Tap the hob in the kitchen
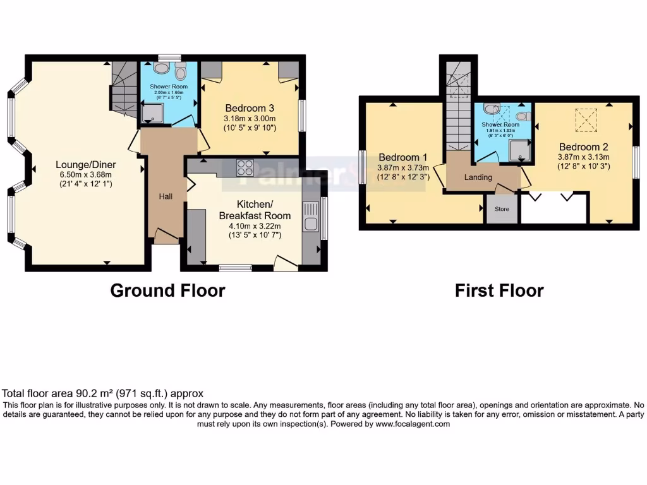(245, 167)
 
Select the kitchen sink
(310, 217)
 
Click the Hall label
(166, 197)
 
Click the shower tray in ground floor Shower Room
(151, 113)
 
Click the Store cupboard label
(502, 209)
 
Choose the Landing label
(478, 177)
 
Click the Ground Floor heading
(167, 290)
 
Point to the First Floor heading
(499, 290)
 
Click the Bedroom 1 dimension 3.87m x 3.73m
(404, 168)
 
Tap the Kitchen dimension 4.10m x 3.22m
(255, 225)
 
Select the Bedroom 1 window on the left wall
(362, 167)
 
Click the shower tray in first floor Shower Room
(517, 148)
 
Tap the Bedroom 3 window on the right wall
(302, 116)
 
